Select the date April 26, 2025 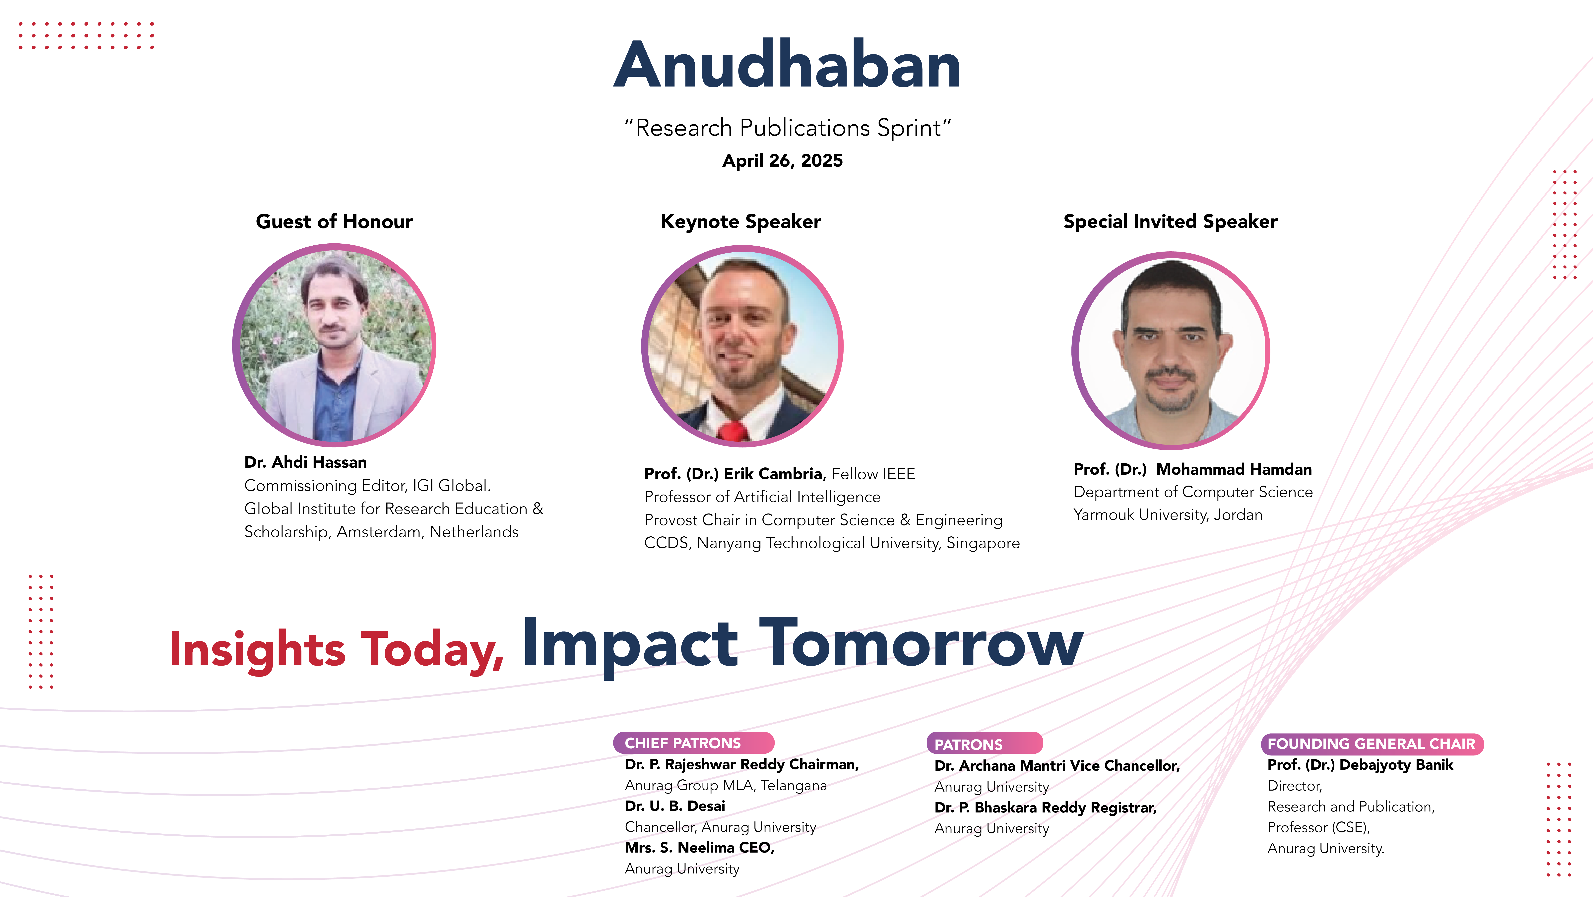tap(783, 161)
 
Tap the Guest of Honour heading tap(334, 222)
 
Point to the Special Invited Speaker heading tap(1170, 222)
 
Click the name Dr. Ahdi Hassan tap(305, 462)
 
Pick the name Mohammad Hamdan tap(1234, 470)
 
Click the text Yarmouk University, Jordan tap(1168, 515)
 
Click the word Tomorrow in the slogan tap(921, 644)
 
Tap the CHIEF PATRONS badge tap(693, 743)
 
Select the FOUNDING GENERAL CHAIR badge tap(1372, 744)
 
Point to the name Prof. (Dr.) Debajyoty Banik tap(1360, 765)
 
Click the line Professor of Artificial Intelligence tap(762, 497)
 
